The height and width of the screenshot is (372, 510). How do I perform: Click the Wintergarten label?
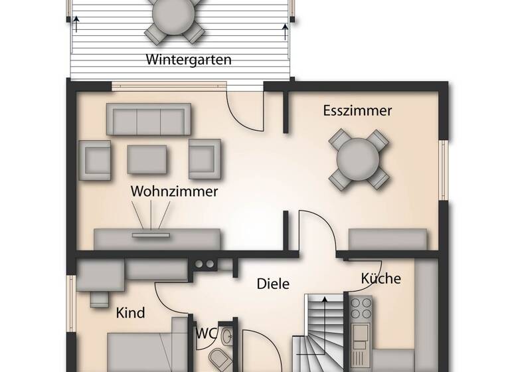(189, 60)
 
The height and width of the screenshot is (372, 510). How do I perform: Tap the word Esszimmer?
(357, 111)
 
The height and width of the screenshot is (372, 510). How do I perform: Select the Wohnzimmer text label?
(175, 191)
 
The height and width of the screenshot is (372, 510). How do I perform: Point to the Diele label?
(274, 284)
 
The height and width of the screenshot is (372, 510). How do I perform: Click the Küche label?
(381, 278)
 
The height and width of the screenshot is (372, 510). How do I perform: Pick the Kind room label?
(131, 312)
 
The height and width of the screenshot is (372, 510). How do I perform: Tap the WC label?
(205, 333)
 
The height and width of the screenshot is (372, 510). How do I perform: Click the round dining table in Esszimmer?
(359, 159)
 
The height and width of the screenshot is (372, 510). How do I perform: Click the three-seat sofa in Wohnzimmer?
(148, 120)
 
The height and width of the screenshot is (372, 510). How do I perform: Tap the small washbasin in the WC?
(227, 334)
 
